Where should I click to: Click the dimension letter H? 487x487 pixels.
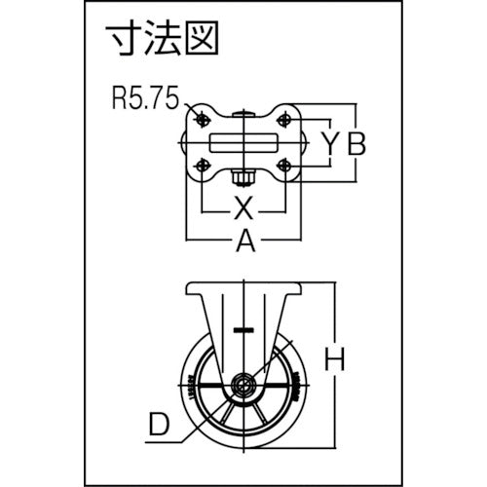coord(334,359)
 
